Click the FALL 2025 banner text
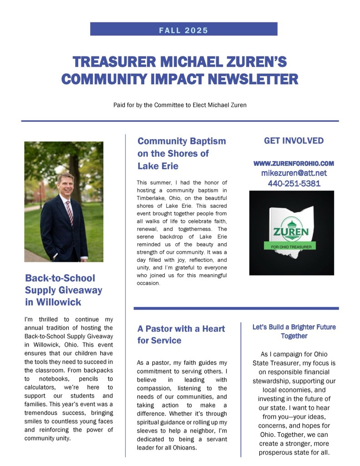tap(183, 31)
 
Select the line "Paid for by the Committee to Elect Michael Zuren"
tap(180, 105)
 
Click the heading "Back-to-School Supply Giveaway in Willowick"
tap(64, 290)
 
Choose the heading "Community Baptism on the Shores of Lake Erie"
tap(182, 153)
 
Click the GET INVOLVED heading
tap(294, 141)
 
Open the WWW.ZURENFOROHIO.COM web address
tap(294, 163)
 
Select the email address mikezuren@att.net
tap(294, 173)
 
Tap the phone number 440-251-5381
tap(294, 184)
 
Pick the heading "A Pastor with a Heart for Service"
tap(181, 334)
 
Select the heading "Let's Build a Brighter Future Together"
tap(294, 331)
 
